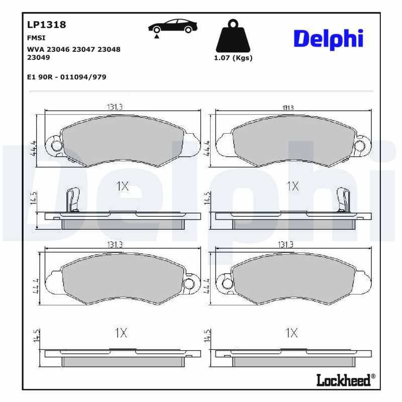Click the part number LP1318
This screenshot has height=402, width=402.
46,25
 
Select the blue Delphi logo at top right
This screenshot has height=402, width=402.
328,39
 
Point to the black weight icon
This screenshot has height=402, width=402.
232,36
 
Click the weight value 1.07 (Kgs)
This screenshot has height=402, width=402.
233,58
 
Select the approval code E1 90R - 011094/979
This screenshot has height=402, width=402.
66,77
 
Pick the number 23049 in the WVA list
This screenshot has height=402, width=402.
38,57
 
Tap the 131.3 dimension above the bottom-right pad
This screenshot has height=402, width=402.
285,244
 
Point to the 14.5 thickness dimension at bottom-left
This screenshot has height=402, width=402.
36,335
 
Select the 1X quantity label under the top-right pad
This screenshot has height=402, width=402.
292,186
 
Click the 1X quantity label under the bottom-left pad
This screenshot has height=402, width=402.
121,333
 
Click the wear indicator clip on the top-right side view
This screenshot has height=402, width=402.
343,199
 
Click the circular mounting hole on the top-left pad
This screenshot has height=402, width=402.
56,146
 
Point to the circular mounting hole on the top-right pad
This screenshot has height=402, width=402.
360,146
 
